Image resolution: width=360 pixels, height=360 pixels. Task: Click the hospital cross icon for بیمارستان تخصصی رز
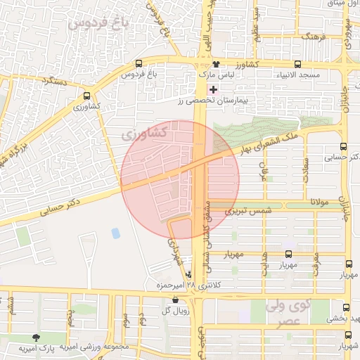pos(213,89)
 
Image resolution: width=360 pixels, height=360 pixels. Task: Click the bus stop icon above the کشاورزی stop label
pos(87,96)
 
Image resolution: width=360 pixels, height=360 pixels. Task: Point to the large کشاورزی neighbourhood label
pos(144,132)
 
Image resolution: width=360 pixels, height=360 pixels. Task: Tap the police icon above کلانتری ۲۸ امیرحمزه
pos(187,275)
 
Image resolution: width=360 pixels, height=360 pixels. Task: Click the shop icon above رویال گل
pos(174,300)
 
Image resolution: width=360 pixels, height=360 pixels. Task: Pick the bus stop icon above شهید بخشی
pos(345,307)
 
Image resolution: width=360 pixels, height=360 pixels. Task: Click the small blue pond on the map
pos(115,233)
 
